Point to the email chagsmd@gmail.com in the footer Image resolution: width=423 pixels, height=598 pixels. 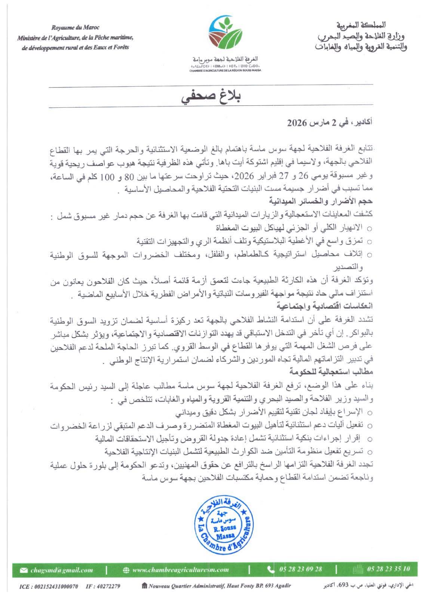[x=62, y=570]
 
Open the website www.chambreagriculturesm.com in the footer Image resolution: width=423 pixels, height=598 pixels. [x=180, y=570]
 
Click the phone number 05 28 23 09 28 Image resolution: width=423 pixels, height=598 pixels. [x=300, y=569]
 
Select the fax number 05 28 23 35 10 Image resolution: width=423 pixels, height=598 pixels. [x=388, y=569]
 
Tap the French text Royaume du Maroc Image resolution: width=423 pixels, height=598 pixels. [x=75, y=28]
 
